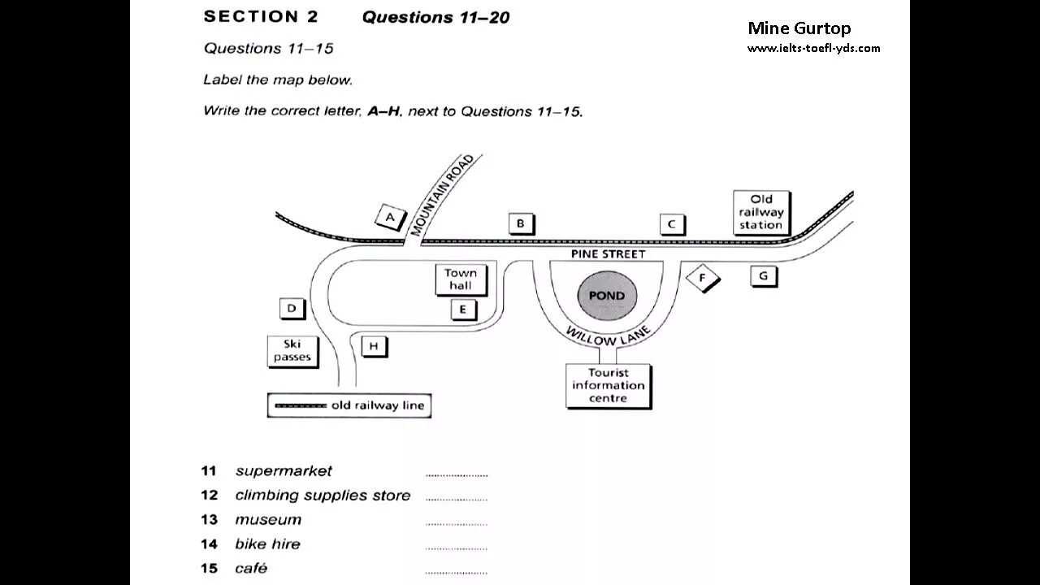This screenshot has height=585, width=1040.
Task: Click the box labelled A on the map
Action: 390,217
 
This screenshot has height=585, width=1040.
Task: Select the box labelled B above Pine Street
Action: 521,224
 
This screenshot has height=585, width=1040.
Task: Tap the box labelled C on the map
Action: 672,224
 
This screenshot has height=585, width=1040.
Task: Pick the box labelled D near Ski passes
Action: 292,309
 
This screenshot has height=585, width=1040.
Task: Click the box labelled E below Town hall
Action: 463,309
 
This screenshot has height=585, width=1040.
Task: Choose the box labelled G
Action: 763,276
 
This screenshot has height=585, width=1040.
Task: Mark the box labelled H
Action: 374,346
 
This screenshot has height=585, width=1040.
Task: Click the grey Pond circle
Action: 607,296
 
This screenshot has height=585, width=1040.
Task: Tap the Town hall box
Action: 461,279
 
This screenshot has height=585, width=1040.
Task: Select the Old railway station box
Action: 761,212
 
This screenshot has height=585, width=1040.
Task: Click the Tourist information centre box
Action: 608,385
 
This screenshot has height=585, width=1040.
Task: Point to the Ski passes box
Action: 292,351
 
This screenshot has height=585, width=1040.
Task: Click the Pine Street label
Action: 608,254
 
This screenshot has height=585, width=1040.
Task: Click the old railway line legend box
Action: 349,405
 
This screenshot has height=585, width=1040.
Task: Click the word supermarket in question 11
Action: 284,471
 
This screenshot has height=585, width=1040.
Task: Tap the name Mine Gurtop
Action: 799,28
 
